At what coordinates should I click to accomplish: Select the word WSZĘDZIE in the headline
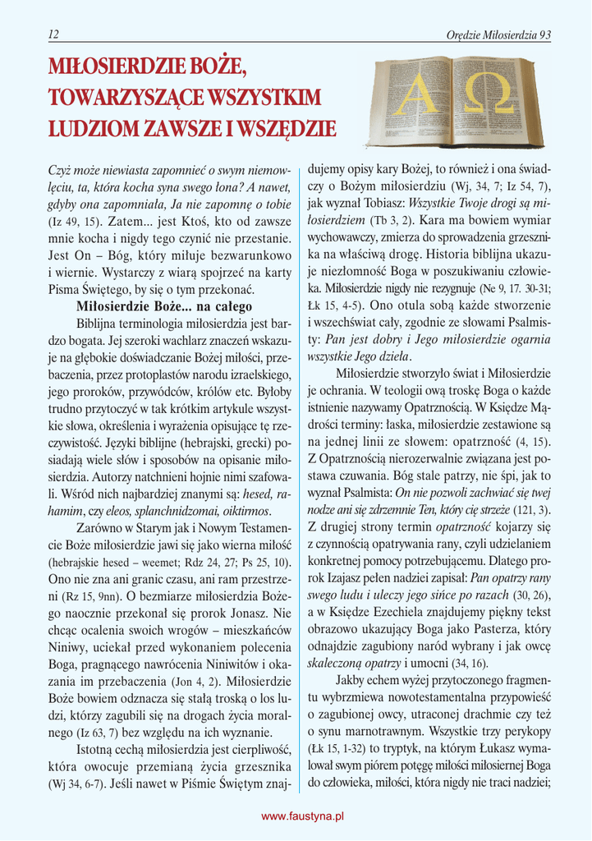(x=285, y=129)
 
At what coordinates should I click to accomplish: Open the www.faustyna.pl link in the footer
(x=302, y=816)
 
